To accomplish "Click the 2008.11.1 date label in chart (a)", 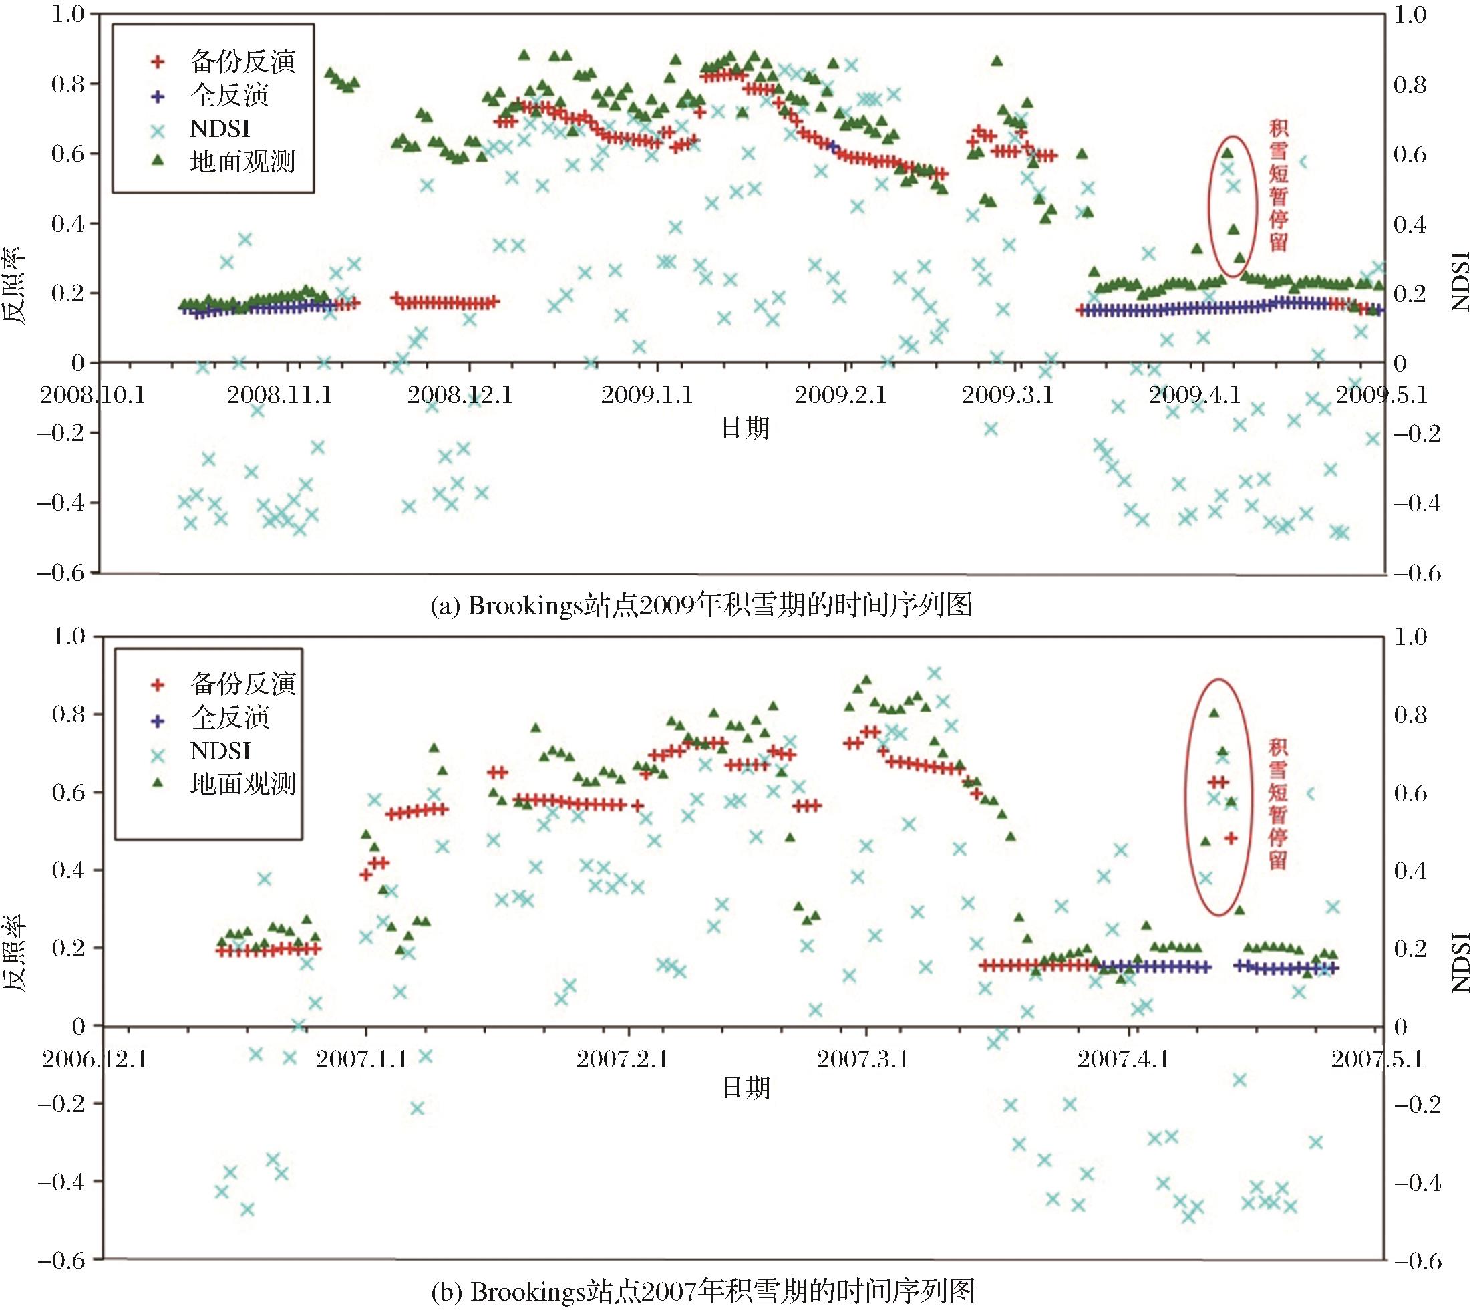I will [x=280, y=396].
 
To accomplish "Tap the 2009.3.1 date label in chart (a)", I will [x=1007, y=396].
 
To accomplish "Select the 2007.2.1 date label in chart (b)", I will [x=623, y=1060].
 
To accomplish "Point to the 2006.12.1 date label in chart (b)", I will [x=95, y=1060].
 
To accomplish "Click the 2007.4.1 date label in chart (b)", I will [x=1124, y=1060].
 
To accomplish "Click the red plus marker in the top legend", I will [x=158, y=62].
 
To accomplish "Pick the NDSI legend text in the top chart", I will [x=220, y=128].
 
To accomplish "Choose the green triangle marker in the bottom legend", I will [x=158, y=783].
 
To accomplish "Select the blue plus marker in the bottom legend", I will [x=158, y=717].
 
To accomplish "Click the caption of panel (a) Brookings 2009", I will [x=701, y=605].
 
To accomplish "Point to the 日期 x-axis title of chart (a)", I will [x=746, y=429].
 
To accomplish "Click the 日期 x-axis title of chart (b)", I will [x=746, y=1087].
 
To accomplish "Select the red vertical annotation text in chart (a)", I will [x=1278, y=186].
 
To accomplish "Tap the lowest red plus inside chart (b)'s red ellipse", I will [x=1231, y=838].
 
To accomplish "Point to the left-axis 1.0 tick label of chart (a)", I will [x=68, y=15].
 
